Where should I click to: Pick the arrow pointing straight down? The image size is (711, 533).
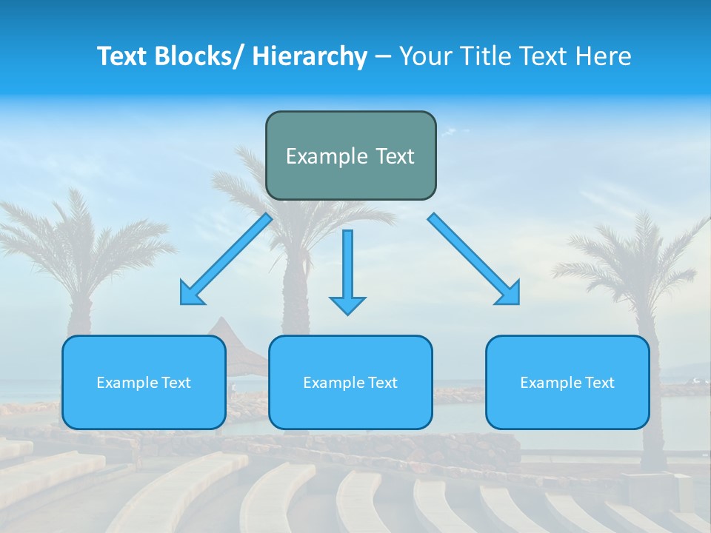point(347,266)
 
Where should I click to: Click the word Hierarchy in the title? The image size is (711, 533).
point(310,56)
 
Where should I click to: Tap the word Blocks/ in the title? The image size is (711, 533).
point(197,56)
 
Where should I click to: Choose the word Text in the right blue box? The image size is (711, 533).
point(599,383)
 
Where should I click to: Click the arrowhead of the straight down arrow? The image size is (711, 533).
point(347,304)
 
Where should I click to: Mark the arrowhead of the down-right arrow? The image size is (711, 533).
point(510,295)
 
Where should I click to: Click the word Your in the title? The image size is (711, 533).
point(424,56)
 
